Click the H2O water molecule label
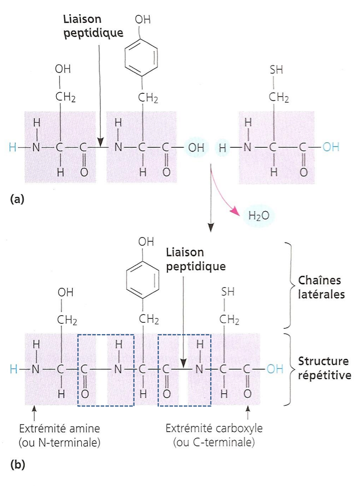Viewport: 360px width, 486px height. [x=258, y=216]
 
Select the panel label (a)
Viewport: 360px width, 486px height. [x=17, y=199]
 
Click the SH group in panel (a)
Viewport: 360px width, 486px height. [x=276, y=70]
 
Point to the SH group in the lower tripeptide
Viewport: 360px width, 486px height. [x=228, y=292]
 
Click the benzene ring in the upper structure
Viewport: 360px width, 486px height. [x=141, y=58]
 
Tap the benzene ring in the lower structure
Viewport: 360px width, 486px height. [x=143, y=280]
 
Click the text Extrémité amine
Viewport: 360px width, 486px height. [x=59, y=428]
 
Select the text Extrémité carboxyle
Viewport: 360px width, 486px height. [x=214, y=428]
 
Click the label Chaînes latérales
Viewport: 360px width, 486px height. [x=321, y=287]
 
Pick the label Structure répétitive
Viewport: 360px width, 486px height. [x=324, y=368]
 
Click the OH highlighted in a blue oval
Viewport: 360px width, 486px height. [x=196, y=147]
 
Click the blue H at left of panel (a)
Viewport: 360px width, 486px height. [x=13, y=147]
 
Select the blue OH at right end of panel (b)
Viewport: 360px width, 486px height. [x=275, y=369]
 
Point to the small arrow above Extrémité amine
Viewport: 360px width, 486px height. [x=34, y=413]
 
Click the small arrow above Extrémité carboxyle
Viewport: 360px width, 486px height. [x=248, y=413]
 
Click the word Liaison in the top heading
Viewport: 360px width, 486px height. [x=82, y=19]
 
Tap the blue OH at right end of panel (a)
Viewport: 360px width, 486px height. [x=331, y=147]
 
